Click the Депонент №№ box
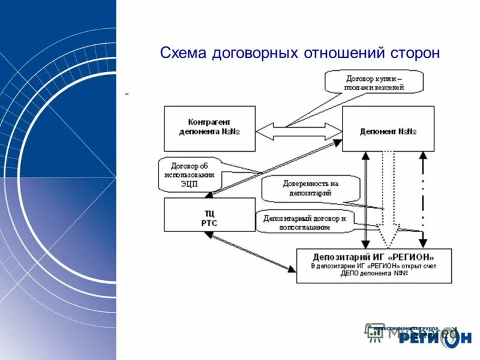click(x=388, y=128)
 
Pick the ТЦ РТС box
click(x=209, y=215)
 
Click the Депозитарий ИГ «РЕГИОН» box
click(x=373, y=265)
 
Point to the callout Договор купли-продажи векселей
click(x=374, y=82)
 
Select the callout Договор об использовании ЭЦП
click(x=189, y=175)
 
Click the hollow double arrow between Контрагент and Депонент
click(x=298, y=132)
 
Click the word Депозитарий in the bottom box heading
click(x=338, y=255)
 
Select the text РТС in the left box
click(x=209, y=223)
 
